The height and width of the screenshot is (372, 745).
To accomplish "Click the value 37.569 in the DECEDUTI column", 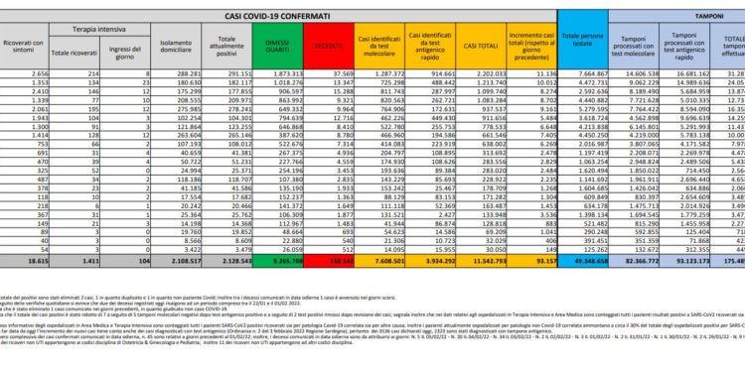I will coord(342,73).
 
